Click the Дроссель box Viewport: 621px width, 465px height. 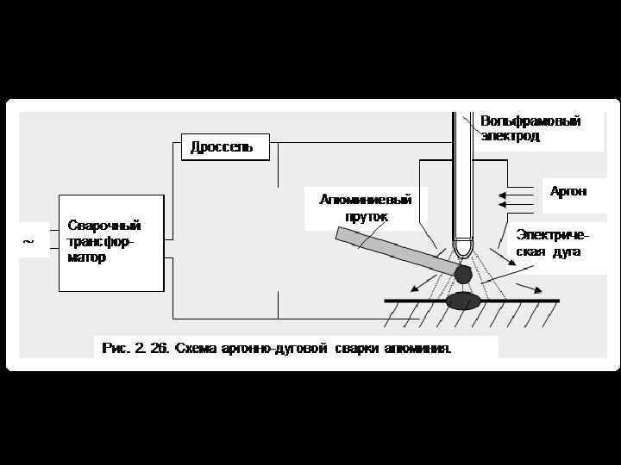click(x=225, y=147)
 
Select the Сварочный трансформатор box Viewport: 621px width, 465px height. click(x=110, y=243)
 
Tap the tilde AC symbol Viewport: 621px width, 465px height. click(x=28, y=243)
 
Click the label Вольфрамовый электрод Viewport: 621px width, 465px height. click(x=530, y=128)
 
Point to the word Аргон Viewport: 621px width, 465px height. click(x=568, y=191)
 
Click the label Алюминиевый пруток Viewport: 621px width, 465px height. click(x=365, y=208)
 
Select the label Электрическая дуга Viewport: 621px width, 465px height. click(x=553, y=243)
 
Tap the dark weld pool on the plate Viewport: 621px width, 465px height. click(x=463, y=300)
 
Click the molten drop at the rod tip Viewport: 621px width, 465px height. click(x=463, y=274)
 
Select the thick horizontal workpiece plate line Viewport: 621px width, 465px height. click(x=517, y=301)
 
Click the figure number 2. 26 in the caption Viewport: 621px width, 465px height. click(x=151, y=349)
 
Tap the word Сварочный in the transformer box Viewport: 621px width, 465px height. click(x=104, y=226)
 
